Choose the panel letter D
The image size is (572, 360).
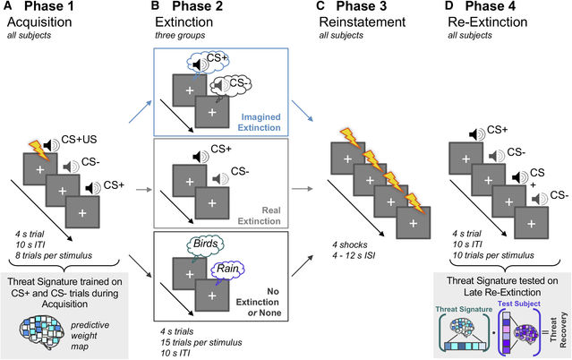(x=442, y=9)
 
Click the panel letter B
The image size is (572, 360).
(x=157, y=9)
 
